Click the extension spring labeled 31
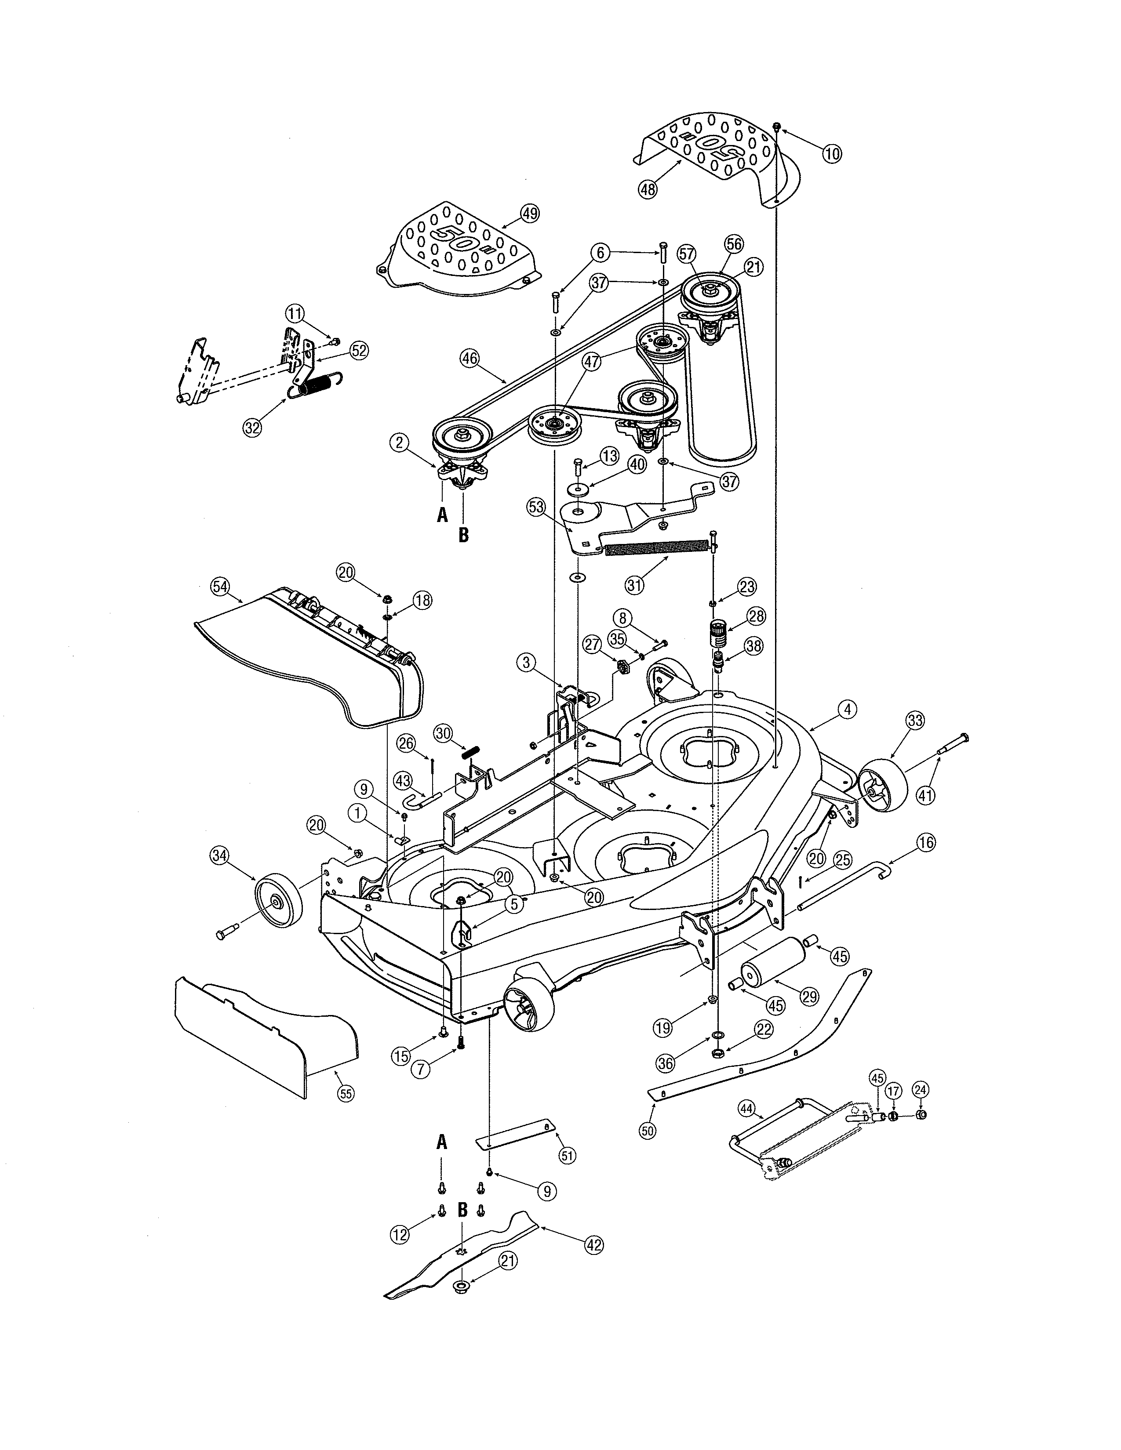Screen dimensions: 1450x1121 658,548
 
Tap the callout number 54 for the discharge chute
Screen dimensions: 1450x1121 220,586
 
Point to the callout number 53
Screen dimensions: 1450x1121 536,508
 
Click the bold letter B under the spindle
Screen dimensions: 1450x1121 463,535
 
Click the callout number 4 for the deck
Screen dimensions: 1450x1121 846,709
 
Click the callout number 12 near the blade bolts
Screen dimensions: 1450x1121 399,1234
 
